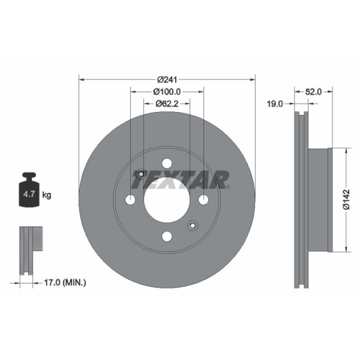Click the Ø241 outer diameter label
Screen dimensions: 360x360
click(x=167, y=80)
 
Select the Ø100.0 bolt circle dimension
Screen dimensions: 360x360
click(x=167, y=92)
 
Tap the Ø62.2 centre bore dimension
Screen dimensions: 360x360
click(x=167, y=104)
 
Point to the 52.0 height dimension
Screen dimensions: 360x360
click(x=313, y=92)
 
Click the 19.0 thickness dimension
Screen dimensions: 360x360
click(x=275, y=104)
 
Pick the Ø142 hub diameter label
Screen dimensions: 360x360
click(x=346, y=199)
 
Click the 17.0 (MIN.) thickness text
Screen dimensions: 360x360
click(x=65, y=283)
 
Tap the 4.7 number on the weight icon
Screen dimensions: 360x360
click(x=29, y=194)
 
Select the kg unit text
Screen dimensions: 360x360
click(x=47, y=195)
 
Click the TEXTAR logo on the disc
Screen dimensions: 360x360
click(x=181, y=180)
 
